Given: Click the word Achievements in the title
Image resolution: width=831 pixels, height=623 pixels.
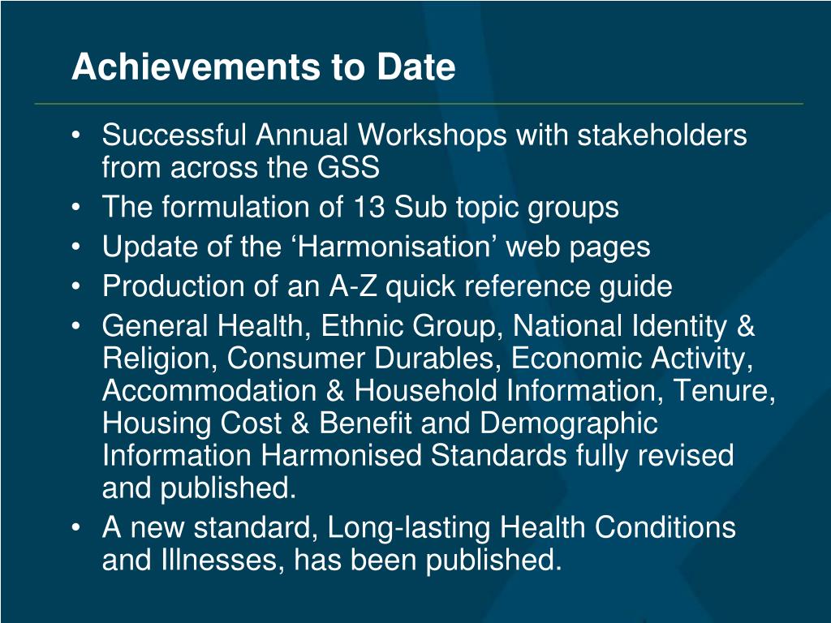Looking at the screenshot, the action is pyautogui.click(x=196, y=67).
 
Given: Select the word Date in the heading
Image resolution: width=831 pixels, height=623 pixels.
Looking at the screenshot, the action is pyautogui.click(x=416, y=67).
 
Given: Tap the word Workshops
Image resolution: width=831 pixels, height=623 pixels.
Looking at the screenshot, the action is pyautogui.click(x=432, y=136).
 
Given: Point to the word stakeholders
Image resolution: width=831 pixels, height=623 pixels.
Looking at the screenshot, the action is pyautogui.click(x=662, y=135).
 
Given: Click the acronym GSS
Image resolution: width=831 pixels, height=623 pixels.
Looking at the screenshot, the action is pyautogui.click(x=348, y=167).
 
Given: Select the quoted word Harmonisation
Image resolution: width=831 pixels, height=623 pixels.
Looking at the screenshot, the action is pyautogui.click(x=394, y=247).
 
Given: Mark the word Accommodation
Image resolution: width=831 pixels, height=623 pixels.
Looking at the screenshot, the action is pyautogui.click(x=209, y=390).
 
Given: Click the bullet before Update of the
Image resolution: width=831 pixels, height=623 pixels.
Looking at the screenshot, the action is pyautogui.click(x=76, y=247).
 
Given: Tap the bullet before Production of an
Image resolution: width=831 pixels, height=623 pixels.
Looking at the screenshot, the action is pyautogui.click(x=76, y=287).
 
